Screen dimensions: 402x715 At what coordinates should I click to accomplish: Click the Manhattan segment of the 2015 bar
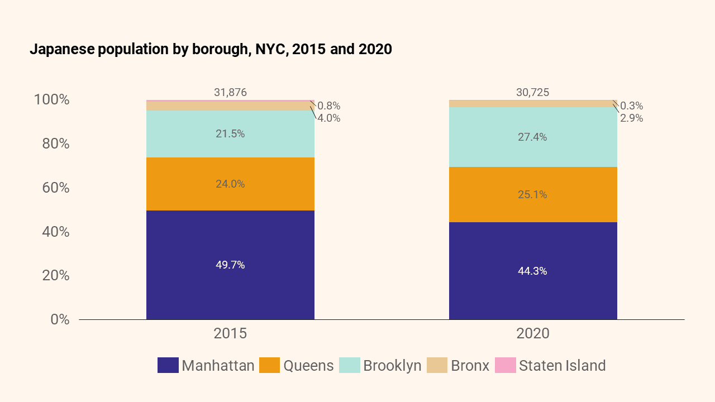point(230,290)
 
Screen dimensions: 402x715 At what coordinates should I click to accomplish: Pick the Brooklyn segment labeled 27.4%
point(533,137)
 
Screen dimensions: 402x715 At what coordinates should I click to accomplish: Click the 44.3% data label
point(533,271)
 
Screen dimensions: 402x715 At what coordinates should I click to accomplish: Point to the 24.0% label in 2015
point(230,184)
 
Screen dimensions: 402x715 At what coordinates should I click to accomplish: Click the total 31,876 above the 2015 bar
point(230,93)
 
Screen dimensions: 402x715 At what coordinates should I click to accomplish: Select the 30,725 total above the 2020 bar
point(533,93)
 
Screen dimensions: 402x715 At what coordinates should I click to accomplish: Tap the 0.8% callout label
point(328,106)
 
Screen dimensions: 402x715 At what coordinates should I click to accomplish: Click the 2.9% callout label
point(631,118)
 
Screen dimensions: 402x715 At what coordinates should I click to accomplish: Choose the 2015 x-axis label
point(230,334)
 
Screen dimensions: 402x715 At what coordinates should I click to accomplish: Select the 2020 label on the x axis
point(533,334)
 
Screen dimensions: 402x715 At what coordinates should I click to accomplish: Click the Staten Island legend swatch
point(505,366)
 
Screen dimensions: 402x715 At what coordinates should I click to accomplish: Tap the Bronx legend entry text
point(470,366)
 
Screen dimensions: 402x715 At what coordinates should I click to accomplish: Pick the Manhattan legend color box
point(168,366)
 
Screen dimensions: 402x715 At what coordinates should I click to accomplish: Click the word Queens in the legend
point(308,366)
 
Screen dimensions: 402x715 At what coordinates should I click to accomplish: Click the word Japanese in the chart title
point(62,49)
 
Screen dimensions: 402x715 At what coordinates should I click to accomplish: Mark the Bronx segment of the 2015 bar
point(230,106)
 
